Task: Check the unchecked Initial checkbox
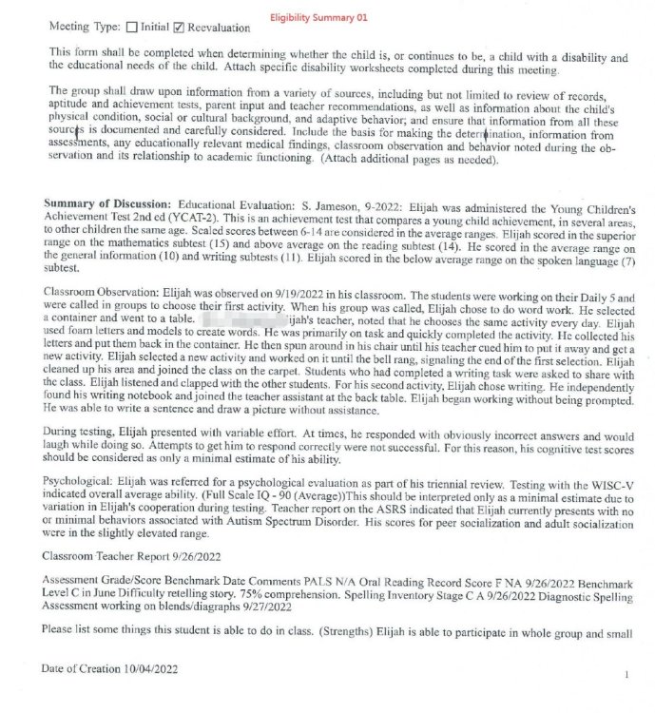131,27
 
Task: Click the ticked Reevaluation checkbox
178,27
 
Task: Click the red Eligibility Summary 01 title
318,17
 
